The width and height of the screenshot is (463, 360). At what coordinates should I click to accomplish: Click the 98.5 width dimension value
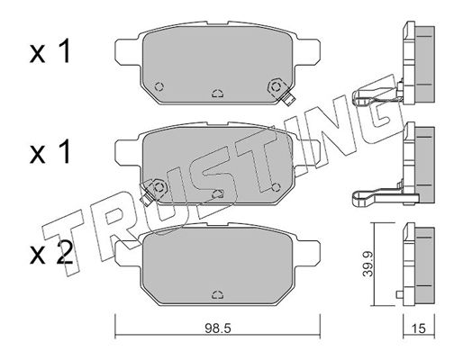(x=218, y=328)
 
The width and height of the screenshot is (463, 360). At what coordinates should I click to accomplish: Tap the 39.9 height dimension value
(x=368, y=264)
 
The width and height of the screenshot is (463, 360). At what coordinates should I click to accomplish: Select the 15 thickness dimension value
(x=419, y=328)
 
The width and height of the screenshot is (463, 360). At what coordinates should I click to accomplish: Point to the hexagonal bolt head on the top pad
(x=276, y=86)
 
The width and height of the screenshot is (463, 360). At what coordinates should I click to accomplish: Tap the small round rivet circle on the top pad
(x=159, y=87)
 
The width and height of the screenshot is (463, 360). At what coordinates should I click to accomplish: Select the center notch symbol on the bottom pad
(x=217, y=295)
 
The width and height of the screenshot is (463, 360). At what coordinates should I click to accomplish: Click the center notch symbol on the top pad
(x=217, y=94)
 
